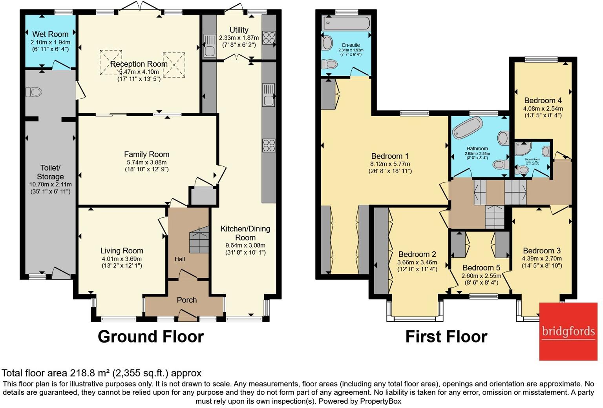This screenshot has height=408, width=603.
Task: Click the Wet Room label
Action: pyautogui.click(x=50, y=34)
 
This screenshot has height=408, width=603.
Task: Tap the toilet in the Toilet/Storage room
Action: pyautogui.click(x=34, y=92)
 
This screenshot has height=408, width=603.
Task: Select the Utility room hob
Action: pyautogui.click(x=269, y=38)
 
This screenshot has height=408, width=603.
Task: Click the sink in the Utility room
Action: pyautogui.click(x=209, y=46)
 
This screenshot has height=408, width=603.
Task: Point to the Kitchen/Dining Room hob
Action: pyautogui.click(x=269, y=146)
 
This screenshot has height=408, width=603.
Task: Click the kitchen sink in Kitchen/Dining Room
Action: pyautogui.click(x=269, y=95)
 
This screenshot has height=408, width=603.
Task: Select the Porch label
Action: pyautogui.click(x=186, y=300)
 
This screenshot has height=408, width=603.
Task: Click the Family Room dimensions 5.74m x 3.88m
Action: pyautogui.click(x=146, y=162)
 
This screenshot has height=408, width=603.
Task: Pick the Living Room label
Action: pyautogui.click(x=122, y=251)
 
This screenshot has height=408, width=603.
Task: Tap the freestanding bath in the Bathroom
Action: pyautogui.click(x=468, y=127)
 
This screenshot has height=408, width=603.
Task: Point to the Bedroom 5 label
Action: pyautogui.click(x=481, y=268)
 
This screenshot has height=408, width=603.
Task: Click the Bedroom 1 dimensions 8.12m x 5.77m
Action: pyautogui.click(x=390, y=164)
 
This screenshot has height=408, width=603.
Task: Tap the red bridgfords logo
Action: pyautogui.click(x=568, y=331)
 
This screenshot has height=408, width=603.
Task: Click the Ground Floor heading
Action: pyautogui.click(x=151, y=337)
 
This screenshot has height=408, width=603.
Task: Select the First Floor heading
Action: pyautogui.click(x=446, y=337)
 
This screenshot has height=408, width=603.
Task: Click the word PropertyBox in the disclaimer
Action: pyautogui.click(x=380, y=401)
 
